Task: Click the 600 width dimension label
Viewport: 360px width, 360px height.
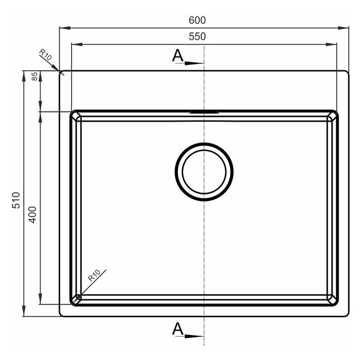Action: coord(197,20)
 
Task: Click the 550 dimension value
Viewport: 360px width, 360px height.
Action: coord(197,36)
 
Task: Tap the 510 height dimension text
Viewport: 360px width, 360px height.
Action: coord(16,200)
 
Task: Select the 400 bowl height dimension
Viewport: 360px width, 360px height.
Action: coord(32,215)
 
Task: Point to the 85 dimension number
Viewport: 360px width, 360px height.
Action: coord(34,76)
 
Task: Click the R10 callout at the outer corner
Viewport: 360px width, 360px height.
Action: coord(45,54)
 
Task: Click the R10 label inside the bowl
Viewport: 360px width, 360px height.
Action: coord(94,275)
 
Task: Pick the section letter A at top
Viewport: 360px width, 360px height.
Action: coord(178,55)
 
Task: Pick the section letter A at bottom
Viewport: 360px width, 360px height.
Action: coord(178,329)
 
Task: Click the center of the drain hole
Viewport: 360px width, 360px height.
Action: coord(204,172)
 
